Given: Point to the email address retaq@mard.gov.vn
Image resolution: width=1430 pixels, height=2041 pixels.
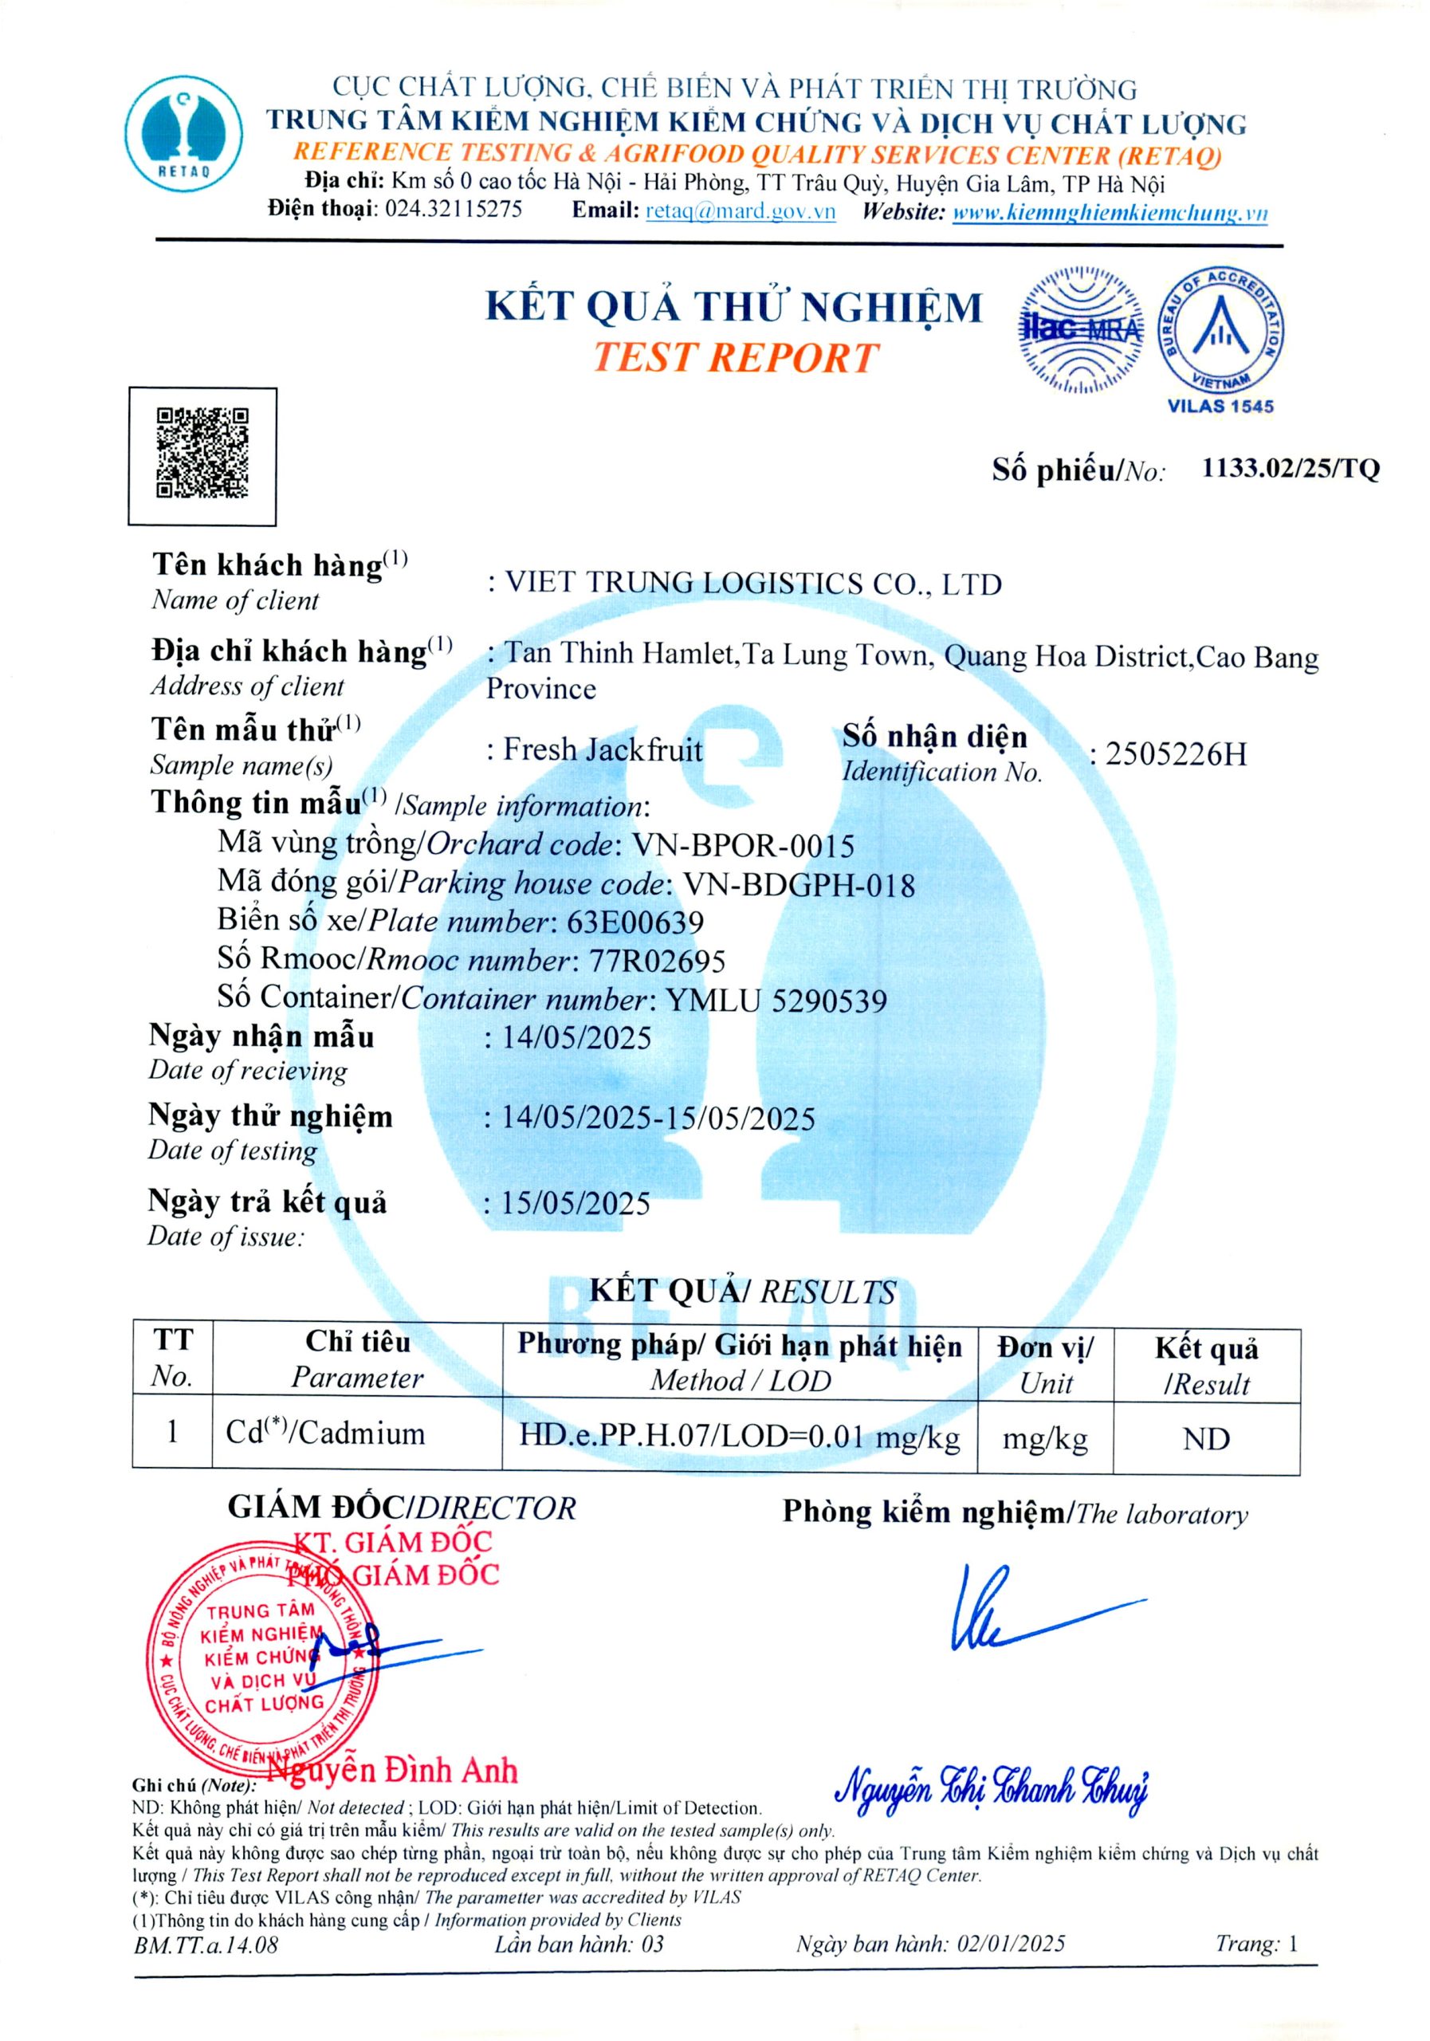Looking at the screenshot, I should pos(741,211).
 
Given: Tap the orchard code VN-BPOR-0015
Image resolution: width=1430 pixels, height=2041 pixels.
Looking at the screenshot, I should pos(743,845).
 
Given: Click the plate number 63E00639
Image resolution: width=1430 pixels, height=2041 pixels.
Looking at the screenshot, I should pos(635,922).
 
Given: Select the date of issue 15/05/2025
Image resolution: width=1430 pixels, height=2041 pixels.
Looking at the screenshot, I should pos(576,1204).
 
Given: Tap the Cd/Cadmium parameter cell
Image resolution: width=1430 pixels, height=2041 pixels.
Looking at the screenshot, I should pos(326,1433).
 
